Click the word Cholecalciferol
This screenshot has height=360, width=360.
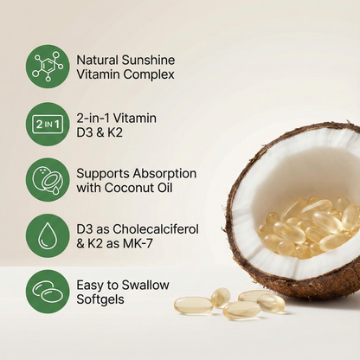[x=154, y=228]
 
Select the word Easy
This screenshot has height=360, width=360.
[x=92, y=284]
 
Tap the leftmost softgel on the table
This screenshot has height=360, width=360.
[x=192, y=305]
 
